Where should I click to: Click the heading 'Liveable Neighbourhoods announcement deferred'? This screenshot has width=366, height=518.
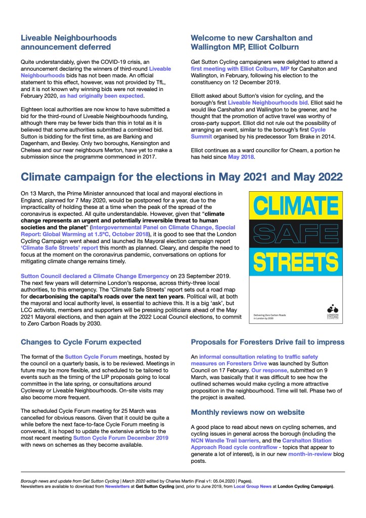click(69, 42)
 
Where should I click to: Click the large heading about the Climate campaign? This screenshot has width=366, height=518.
click(181, 177)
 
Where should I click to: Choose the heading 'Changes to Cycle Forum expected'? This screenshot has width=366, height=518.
click(81, 342)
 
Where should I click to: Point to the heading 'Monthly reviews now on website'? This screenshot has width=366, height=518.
click(248, 412)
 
